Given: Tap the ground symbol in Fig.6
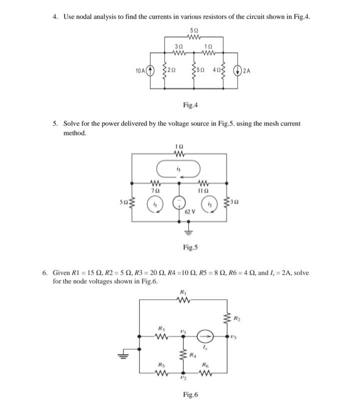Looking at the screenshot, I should [x=122, y=356].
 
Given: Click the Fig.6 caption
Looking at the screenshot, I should [x=190, y=395].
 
